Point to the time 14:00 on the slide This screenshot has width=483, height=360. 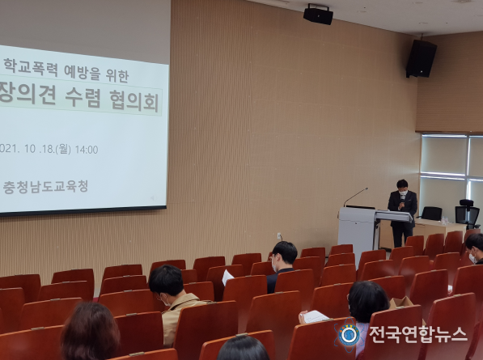(x=87, y=150)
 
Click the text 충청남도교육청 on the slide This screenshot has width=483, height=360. (x=45, y=187)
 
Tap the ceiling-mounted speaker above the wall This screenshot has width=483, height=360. (x=318, y=15)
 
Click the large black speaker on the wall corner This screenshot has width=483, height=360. (x=421, y=58)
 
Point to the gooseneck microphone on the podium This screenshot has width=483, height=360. (x=355, y=197)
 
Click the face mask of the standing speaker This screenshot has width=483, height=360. (x=403, y=193)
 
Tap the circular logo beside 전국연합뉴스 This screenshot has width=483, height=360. (x=349, y=335)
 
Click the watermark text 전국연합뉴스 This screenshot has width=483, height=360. (x=418, y=334)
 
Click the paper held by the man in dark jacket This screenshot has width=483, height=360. (x=227, y=277)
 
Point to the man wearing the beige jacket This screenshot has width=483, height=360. (x=173, y=301)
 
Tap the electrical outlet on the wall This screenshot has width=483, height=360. (x=279, y=236)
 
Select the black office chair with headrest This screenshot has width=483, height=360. (x=468, y=214)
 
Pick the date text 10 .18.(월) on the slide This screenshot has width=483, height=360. (x=48, y=149)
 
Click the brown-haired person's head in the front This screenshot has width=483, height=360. (x=91, y=331)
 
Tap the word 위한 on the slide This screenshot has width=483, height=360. (x=117, y=75)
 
